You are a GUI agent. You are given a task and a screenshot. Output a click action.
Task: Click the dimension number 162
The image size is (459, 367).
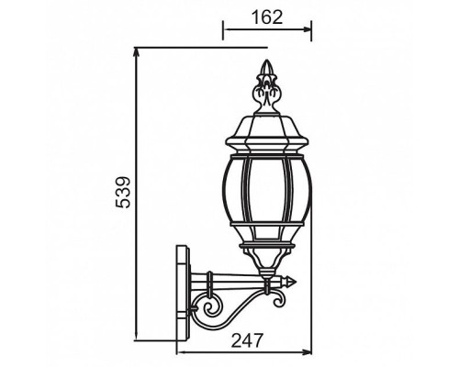[266, 17]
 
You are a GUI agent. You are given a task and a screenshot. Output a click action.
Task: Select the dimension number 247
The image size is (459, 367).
[244, 340]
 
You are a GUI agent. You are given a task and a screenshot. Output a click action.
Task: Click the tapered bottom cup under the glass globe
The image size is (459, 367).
[267, 265]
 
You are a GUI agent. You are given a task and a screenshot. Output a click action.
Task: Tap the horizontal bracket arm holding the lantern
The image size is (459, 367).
[243, 282]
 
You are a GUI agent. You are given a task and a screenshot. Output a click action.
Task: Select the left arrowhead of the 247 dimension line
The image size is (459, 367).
[177, 353]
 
